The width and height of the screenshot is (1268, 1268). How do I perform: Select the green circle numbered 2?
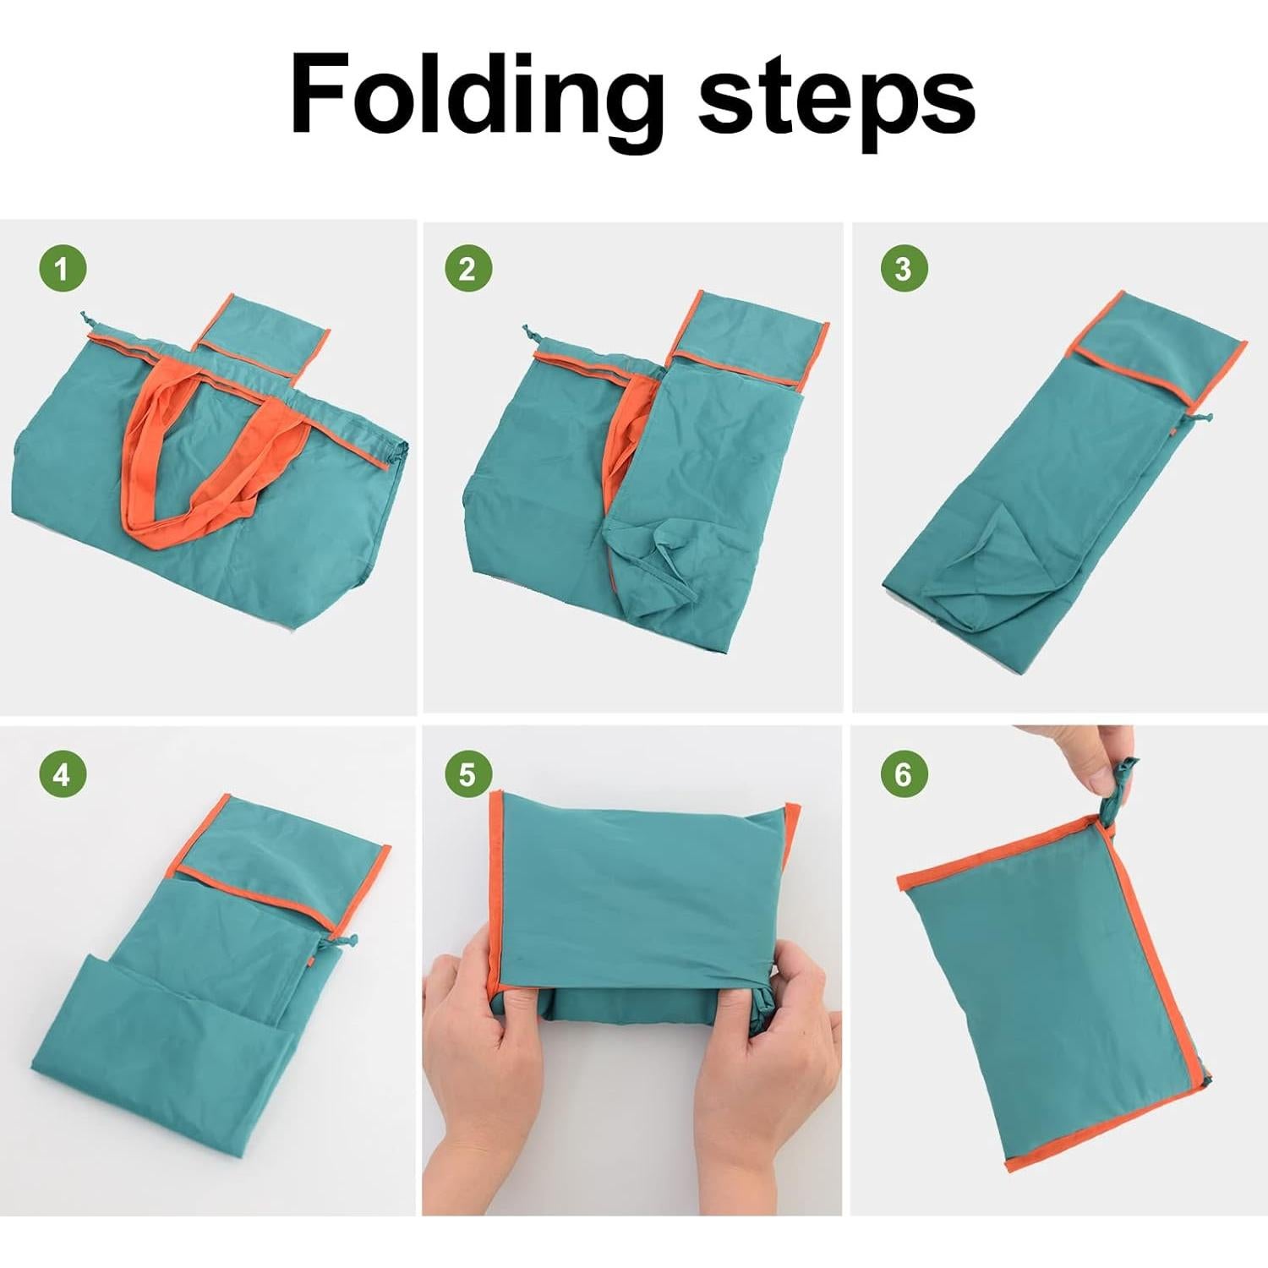(x=467, y=270)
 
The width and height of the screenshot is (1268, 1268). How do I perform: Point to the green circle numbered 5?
(x=467, y=773)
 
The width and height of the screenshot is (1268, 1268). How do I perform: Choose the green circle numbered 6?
(x=904, y=773)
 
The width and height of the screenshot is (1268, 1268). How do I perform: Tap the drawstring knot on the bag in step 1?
(x=85, y=320)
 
